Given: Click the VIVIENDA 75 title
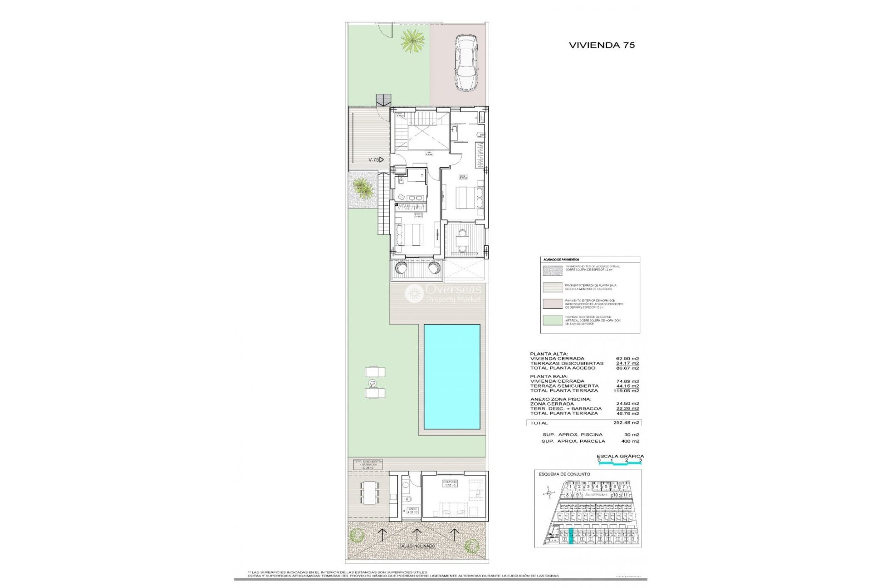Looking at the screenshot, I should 602,45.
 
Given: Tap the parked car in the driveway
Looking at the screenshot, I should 466,63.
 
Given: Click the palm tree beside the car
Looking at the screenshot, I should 412,41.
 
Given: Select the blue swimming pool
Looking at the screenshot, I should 452,377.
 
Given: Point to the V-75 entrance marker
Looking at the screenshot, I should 376,160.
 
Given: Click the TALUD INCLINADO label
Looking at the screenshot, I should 416,546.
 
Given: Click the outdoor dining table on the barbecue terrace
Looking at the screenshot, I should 370,492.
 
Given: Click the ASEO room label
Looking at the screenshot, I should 412,510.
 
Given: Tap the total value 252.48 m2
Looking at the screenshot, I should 626,423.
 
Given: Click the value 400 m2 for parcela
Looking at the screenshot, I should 630,441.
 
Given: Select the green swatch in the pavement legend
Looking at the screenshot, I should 553,320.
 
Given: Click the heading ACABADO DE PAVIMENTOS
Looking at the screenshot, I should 561,260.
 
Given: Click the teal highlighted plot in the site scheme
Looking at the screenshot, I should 571,537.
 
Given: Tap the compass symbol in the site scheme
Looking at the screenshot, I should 548,493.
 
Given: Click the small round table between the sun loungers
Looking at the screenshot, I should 372,383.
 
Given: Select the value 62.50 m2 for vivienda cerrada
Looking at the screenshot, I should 627,358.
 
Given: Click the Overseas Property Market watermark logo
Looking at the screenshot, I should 443,294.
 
